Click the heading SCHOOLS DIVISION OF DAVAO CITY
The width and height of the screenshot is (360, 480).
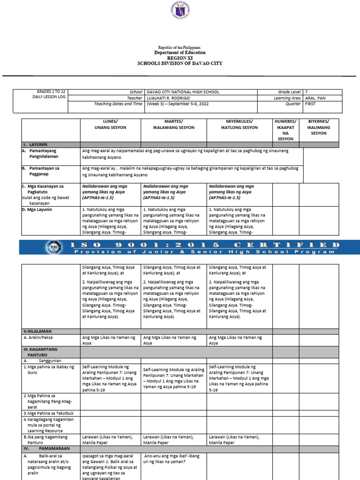(180, 63)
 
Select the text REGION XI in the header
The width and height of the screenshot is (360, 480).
(180, 58)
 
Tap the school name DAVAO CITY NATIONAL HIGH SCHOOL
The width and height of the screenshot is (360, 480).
(183, 92)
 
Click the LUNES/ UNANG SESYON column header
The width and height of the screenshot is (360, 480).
(111, 125)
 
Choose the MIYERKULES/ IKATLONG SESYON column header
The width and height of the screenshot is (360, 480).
(239, 125)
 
